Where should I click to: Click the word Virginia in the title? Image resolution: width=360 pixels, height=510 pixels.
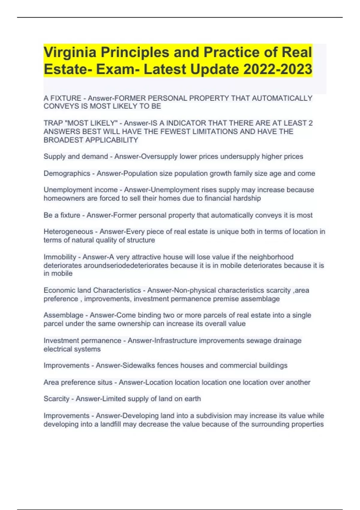pyautogui.click(x=70, y=52)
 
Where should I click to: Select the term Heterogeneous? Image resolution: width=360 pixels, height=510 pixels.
pyautogui.click(x=68, y=232)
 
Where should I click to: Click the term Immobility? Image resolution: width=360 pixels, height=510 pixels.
pyautogui.click(x=60, y=257)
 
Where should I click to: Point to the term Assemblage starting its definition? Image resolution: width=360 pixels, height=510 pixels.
pyautogui.click(x=64, y=315)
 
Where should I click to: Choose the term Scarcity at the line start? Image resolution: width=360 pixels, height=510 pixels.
pyautogui.click(x=56, y=399)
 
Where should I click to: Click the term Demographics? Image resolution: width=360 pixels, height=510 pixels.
pyautogui.click(x=67, y=173)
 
